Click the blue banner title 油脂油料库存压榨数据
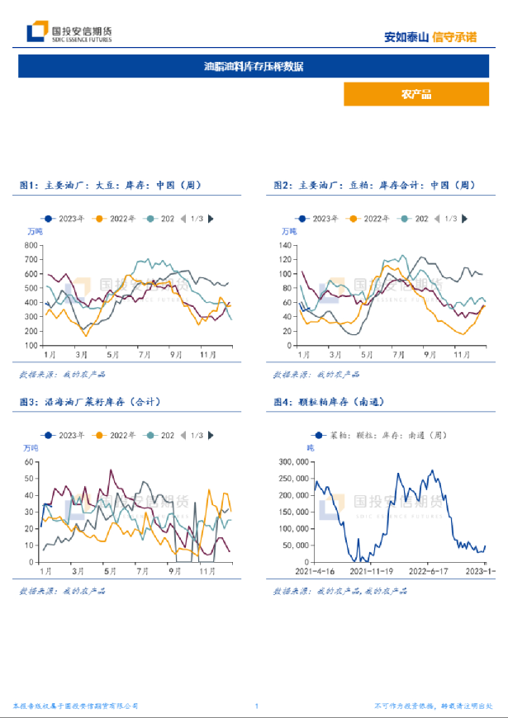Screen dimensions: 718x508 [x=253, y=66]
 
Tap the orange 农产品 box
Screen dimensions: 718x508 [x=416, y=94]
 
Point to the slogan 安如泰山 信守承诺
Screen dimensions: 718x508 [x=430, y=36]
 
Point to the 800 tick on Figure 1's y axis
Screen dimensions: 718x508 [x=32, y=246]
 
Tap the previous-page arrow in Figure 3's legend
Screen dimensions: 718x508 [x=183, y=435]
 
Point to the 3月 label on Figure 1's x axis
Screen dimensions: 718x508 [x=81, y=354]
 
